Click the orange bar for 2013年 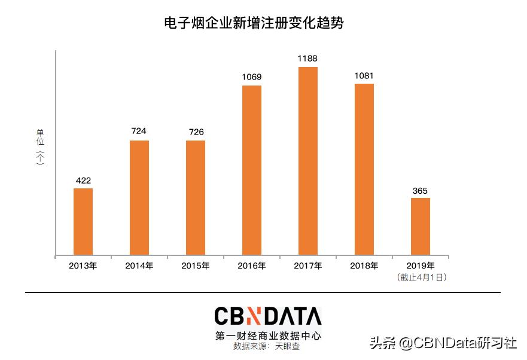click(x=83, y=222)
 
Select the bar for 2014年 click(x=139, y=198)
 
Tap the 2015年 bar click(x=196, y=198)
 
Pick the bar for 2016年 click(x=252, y=170)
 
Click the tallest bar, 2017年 click(x=308, y=161)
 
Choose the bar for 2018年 click(x=364, y=170)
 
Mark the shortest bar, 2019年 click(x=421, y=227)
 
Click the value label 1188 click(x=308, y=59)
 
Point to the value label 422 click(x=83, y=180)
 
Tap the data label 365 click(x=421, y=191)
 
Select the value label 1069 click(x=252, y=77)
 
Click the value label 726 click(x=196, y=132)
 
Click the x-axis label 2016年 click(x=252, y=266)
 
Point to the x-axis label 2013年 click(x=83, y=266)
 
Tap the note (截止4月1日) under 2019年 click(x=422, y=277)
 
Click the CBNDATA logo click(x=268, y=317)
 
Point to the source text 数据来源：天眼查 click(x=267, y=346)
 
